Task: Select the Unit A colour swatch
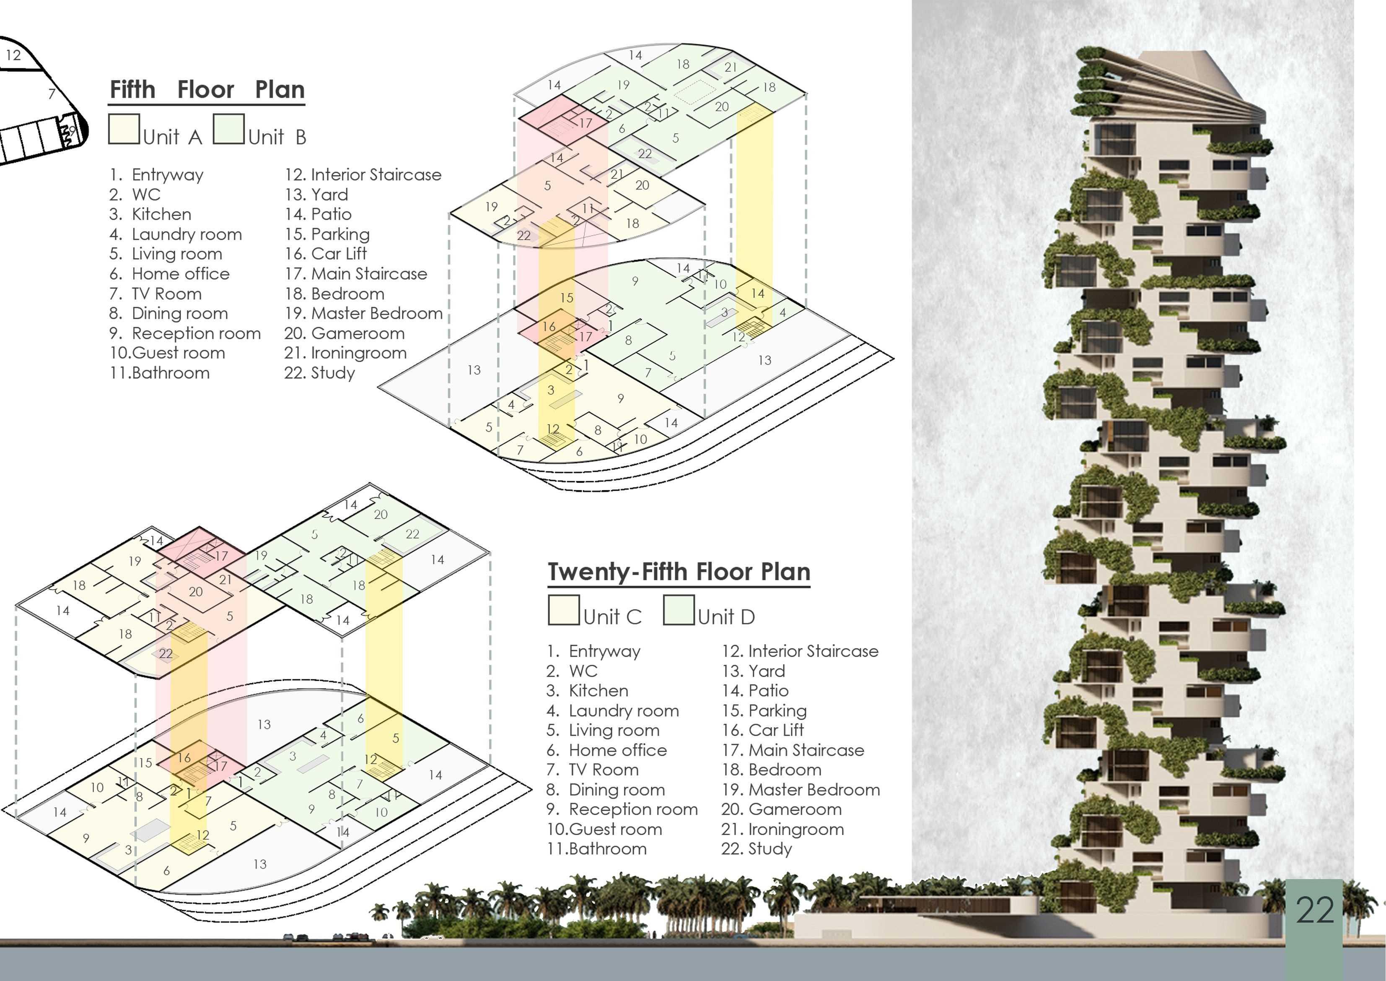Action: click(124, 129)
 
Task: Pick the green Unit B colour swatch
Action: click(229, 129)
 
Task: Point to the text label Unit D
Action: click(726, 617)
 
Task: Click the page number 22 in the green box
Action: click(1314, 910)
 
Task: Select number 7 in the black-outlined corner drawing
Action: click(52, 94)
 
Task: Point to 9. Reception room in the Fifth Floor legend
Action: click(185, 333)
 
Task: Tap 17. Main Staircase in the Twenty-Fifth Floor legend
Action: click(793, 750)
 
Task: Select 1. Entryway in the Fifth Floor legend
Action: click(157, 175)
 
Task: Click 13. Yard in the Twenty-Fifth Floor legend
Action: click(754, 671)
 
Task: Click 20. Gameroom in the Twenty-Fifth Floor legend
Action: click(781, 809)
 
